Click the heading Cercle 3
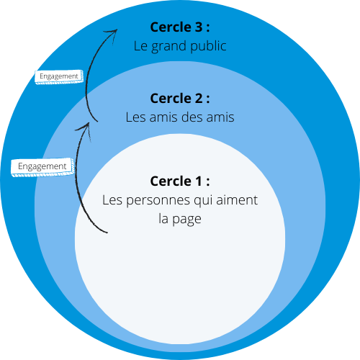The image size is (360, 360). coord(180,27)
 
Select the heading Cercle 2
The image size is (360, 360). coord(180,98)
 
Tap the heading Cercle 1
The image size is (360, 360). coord(180,181)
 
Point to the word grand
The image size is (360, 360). coord(168,47)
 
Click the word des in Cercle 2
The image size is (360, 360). coord(192,117)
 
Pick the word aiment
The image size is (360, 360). coord(237,200)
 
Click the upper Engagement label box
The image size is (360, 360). coord(59,77)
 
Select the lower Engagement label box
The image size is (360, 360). coord(42,167)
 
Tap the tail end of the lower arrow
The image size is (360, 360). coord(107,233)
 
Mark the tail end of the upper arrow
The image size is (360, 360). coord(97,122)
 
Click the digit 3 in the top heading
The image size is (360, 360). coord(198,27)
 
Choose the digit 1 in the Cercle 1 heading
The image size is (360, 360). coord(199,181)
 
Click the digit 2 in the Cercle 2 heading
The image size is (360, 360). coord(198,99)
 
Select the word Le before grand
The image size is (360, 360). coord(140,46)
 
